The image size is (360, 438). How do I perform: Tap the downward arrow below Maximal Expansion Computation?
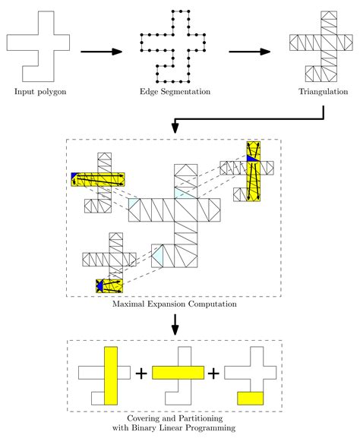click(x=175, y=324)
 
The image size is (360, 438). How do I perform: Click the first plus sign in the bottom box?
click(x=141, y=374)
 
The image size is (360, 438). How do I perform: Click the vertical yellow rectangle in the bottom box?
click(x=111, y=375)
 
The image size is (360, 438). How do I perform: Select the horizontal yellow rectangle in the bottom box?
click(x=178, y=373)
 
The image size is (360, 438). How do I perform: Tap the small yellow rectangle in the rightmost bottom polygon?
click(x=250, y=397)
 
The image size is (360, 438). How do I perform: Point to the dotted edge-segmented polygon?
click(x=173, y=47)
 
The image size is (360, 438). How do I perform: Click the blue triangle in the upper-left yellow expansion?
click(x=74, y=178)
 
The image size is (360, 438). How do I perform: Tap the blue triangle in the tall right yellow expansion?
click(x=251, y=158)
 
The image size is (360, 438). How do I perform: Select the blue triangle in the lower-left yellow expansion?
click(x=99, y=286)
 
